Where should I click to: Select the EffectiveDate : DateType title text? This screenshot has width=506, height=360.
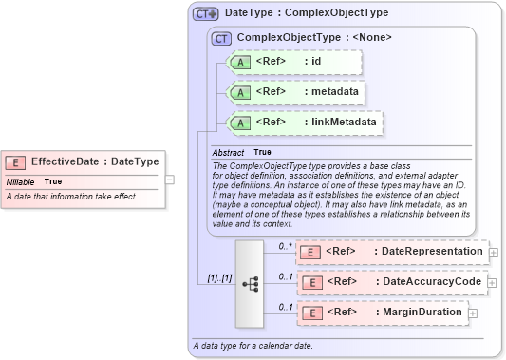[x=95, y=161]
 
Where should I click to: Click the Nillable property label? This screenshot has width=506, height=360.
[x=21, y=180]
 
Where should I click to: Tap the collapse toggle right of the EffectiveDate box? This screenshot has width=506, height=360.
[x=169, y=178]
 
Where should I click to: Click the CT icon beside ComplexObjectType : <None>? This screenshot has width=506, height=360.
[x=222, y=38]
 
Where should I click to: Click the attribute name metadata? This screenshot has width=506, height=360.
[x=331, y=92]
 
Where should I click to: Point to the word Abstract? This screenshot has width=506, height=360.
[x=228, y=152]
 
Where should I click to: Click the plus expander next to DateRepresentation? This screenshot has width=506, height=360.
[x=494, y=252]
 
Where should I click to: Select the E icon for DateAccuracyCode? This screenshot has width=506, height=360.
[x=309, y=282]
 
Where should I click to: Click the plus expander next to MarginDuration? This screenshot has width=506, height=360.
[x=472, y=313]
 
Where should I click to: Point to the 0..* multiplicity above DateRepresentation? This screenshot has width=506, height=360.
[x=284, y=245]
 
